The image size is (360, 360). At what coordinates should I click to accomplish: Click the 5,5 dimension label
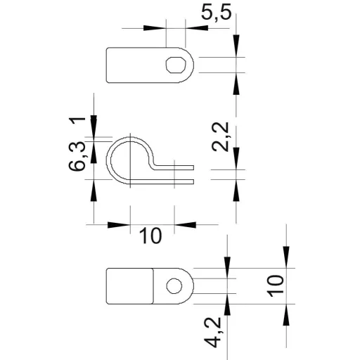pyautogui.click(x=217, y=13)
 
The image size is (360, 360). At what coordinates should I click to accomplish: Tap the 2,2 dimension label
pyautogui.click(x=220, y=137)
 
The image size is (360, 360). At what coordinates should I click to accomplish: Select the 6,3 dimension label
pyautogui.click(x=77, y=156)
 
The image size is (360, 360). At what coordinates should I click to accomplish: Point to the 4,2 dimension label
pyautogui.click(x=213, y=333)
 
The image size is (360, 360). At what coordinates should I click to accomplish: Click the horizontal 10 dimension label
pyautogui.click(x=150, y=236)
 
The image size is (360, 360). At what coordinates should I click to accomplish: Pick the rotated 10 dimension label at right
pyautogui.click(x=276, y=286)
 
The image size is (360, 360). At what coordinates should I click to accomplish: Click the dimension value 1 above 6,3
pyautogui.click(x=77, y=122)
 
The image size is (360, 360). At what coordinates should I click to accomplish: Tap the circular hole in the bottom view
pyautogui.click(x=174, y=286)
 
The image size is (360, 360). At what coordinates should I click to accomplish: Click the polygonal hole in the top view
pyautogui.click(x=176, y=65)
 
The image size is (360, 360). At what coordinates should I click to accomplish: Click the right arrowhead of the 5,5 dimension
pyautogui.click(x=197, y=28)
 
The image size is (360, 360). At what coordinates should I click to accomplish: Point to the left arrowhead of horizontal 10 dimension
pyautogui.click(x=119, y=225)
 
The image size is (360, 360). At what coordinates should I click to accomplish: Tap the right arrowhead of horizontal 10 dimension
pyautogui.click(x=186, y=225)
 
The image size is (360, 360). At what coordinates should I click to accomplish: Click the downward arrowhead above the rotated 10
pyautogui.click(x=286, y=257)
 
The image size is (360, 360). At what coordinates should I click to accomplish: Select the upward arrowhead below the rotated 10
pyautogui.click(x=286, y=315)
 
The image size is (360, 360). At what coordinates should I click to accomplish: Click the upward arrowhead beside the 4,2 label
pyautogui.click(x=227, y=304)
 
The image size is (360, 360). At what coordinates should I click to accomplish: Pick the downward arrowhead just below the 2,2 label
pyautogui.click(x=236, y=158)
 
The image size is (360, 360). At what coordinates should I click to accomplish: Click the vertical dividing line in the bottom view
pyautogui.click(x=153, y=286)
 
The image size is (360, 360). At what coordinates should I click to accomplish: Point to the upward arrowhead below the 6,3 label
pyautogui.click(x=94, y=191)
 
